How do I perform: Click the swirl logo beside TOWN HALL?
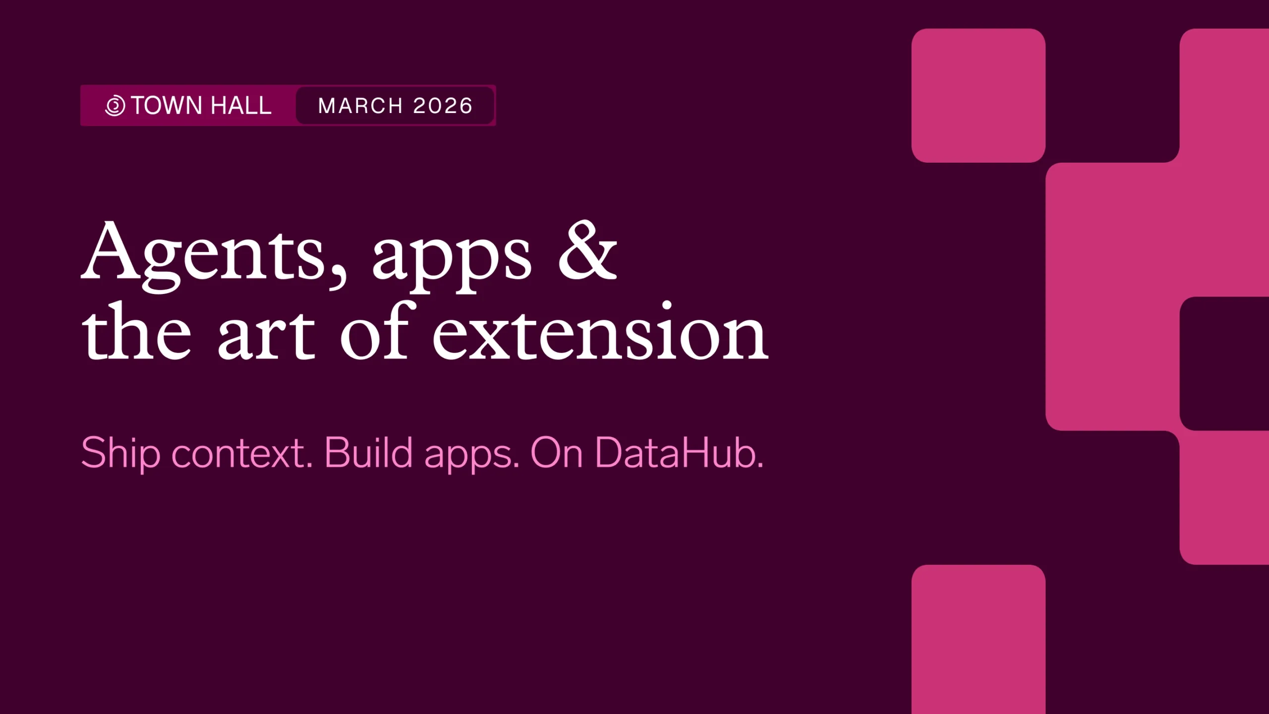115,106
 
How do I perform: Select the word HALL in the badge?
241,106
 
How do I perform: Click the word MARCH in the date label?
360,106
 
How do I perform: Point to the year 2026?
443,106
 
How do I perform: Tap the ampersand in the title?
588,249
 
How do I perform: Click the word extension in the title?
600,331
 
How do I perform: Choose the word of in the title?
377,329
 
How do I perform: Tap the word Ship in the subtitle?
120,453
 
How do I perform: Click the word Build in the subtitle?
368,452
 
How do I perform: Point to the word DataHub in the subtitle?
679,452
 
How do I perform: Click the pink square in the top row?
979,96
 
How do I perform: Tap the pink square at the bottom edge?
979,639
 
